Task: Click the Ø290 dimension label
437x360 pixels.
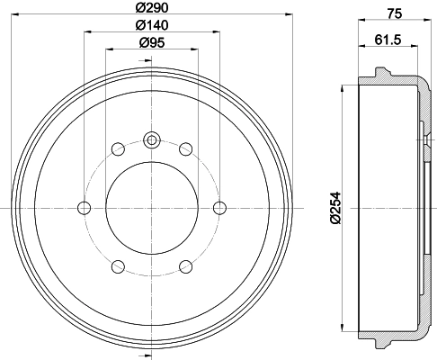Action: tap(152, 7)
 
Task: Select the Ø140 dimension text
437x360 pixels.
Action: tap(152, 25)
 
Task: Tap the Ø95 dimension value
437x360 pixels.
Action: tap(152, 42)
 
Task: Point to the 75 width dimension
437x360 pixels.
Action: tap(395, 13)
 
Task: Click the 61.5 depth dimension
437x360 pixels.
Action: tap(388, 40)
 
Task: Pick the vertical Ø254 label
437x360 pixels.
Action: tap(335, 208)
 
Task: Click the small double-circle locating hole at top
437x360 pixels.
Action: tap(152, 139)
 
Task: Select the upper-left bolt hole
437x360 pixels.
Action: tap(118, 149)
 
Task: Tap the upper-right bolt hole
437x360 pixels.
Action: tap(186, 149)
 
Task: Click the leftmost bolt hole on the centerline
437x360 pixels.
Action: tap(85, 208)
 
